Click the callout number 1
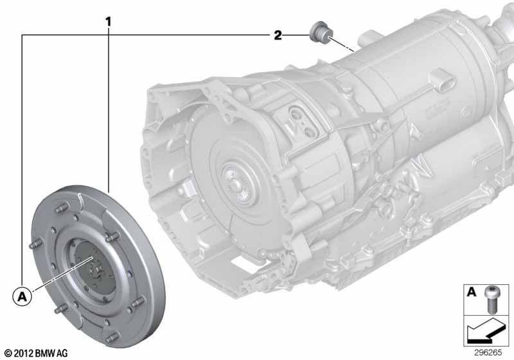click(x=109, y=21)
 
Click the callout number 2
click(x=278, y=35)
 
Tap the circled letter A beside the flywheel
click(x=22, y=297)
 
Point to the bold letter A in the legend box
click(x=472, y=292)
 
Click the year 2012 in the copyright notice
click(x=22, y=353)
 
